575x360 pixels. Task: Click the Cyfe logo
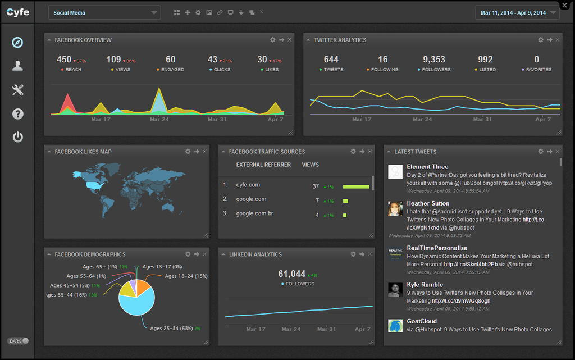click(x=18, y=12)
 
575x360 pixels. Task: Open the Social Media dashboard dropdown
click(x=104, y=12)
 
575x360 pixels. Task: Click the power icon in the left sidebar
click(x=18, y=136)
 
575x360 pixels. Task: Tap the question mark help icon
click(x=18, y=114)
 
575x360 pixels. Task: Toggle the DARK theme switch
click(x=19, y=341)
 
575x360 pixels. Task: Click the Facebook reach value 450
click(x=64, y=60)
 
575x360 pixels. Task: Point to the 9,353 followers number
click(x=434, y=60)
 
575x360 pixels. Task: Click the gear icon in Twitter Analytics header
click(x=541, y=40)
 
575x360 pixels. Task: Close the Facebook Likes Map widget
click(x=204, y=152)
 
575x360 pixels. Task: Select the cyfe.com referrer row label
click(x=248, y=185)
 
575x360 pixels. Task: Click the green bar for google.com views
click(x=345, y=201)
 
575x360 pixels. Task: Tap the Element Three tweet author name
click(x=427, y=167)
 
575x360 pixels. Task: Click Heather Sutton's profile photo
click(x=395, y=209)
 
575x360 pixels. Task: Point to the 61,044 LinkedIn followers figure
click(x=292, y=274)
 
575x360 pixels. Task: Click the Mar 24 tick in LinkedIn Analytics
click(x=290, y=329)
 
